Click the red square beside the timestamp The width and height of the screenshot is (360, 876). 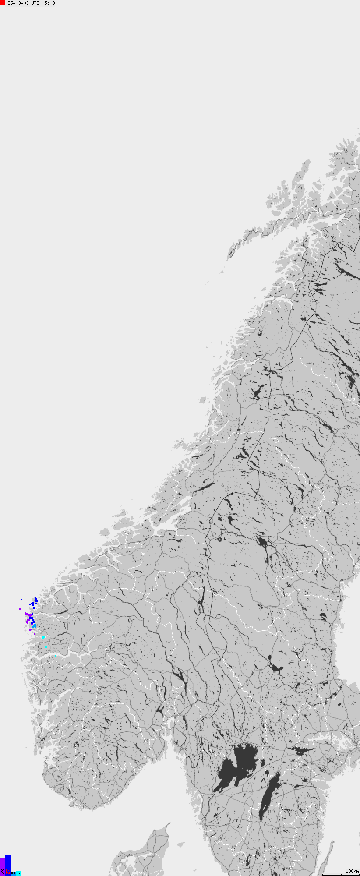coord(3,3)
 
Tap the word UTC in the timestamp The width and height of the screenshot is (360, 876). coord(35,3)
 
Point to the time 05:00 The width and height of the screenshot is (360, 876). coord(48,3)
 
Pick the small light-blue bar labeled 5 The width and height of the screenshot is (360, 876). coord(13,873)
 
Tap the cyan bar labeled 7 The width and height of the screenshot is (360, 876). coord(18,873)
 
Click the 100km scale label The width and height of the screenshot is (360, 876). coord(352,871)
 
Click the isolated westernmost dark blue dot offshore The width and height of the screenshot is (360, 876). coord(21,599)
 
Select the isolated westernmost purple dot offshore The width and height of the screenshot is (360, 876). coord(20,608)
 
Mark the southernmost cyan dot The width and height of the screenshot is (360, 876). coord(56,656)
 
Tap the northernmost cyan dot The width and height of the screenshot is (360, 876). coord(43,638)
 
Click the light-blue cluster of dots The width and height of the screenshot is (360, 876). coord(34,627)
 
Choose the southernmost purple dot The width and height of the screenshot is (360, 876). coord(35,634)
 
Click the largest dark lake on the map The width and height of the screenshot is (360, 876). coord(239,764)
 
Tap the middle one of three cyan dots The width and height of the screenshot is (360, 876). coord(46,647)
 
